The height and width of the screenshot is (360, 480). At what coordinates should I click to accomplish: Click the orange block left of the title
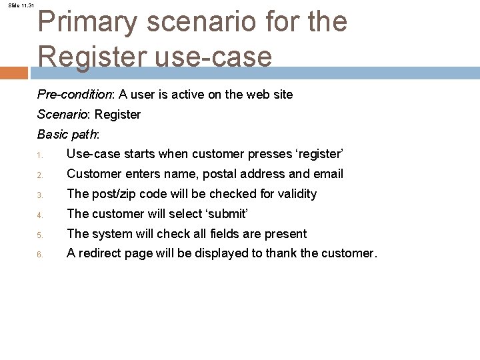click(x=14, y=73)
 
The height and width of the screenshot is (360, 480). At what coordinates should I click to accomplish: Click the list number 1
click(x=40, y=157)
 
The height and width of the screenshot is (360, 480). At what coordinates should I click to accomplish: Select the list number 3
click(x=40, y=196)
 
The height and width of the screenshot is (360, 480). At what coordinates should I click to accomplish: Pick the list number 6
click(x=40, y=255)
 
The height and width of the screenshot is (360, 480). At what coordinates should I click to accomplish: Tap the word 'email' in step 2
click(x=327, y=174)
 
